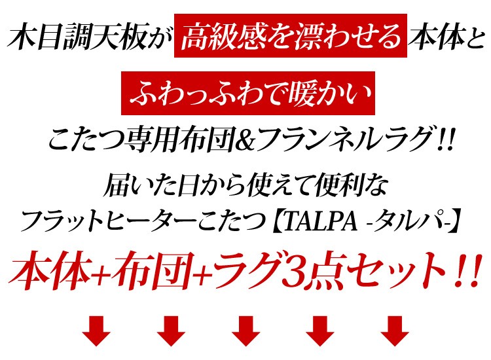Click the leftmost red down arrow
tap(96, 331)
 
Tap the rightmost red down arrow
tap(395, 331)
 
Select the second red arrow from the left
tap(172, 331)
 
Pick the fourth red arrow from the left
tap(321, 331)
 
